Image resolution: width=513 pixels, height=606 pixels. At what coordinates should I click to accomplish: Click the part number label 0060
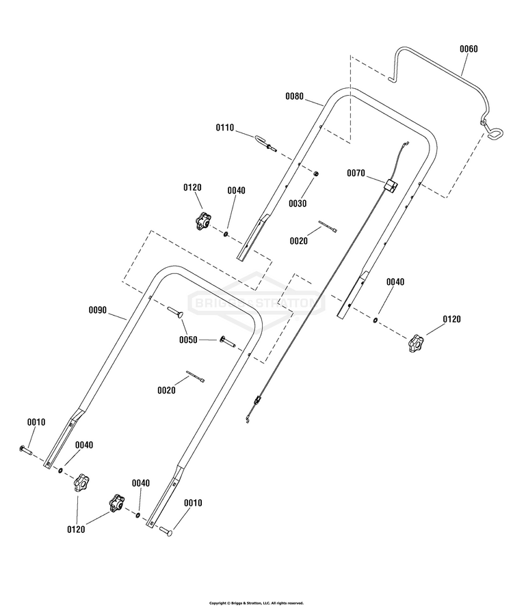[469, 49]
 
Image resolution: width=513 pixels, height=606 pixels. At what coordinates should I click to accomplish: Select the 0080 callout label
[294, 96]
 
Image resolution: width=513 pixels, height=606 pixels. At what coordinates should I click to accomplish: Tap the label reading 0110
[225, 128]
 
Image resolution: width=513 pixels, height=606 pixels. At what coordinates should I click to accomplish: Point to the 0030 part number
[298, 204]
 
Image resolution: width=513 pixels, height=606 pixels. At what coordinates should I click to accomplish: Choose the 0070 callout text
[356, 173]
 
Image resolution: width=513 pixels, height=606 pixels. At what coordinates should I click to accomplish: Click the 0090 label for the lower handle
[98, 310]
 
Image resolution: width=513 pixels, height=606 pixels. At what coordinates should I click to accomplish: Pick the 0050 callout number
[188, 340]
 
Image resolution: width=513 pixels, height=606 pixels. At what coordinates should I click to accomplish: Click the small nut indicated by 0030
[316, 174]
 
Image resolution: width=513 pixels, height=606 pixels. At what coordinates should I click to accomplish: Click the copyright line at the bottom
[256, 603]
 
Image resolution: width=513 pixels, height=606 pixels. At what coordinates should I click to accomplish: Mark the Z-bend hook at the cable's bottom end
[247, 419]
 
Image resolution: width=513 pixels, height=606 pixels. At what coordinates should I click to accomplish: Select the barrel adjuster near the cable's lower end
[256, 400]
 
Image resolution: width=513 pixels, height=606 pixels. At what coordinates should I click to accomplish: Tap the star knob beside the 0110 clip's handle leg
[202, 221]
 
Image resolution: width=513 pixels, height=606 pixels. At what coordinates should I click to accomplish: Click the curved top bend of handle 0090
[170, 269]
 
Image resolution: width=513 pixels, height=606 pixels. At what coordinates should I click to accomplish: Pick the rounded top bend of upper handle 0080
[348, 91]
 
